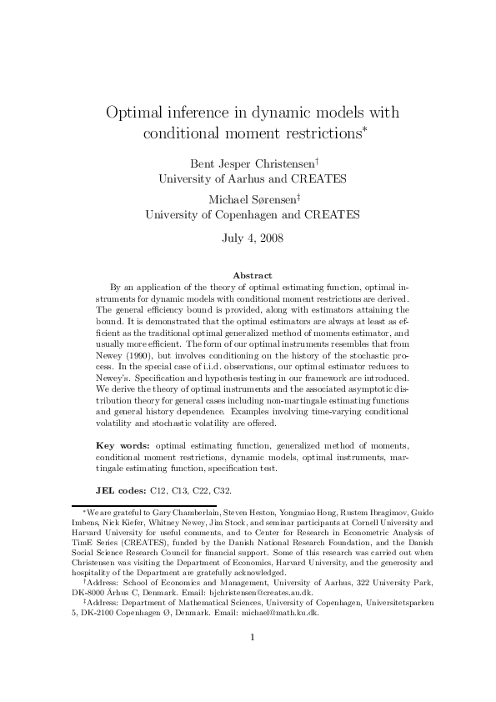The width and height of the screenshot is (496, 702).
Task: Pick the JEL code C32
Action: coord(221,492)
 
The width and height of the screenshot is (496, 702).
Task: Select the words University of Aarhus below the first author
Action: coord(201,178)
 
